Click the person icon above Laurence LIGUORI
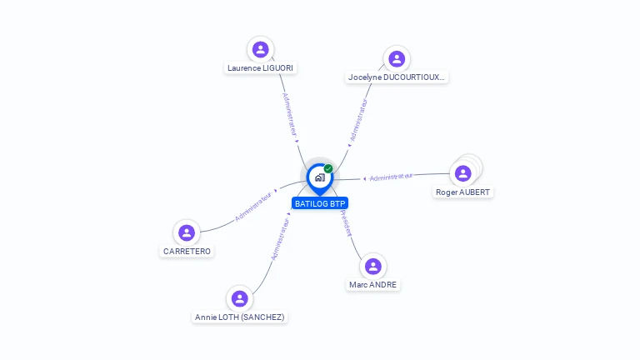[261, 49]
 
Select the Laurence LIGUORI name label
[261, 68]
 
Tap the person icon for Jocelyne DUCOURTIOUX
[397, 58]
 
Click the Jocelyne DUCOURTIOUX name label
[397, 77]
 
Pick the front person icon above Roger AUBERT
[462, 173]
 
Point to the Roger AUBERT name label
[463, 192]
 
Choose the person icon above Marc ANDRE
[373, 266]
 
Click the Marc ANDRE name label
[373, 285]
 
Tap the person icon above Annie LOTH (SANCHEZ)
[240, 298]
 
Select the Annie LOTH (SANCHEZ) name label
[240, 317]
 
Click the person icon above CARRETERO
[187, 232]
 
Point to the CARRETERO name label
[187, 251]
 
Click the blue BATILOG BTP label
[320, 203]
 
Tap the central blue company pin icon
[319, 177]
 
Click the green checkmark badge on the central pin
[328, 169]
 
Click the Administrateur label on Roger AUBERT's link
[391, 177]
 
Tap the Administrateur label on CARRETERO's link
[254, 205]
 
